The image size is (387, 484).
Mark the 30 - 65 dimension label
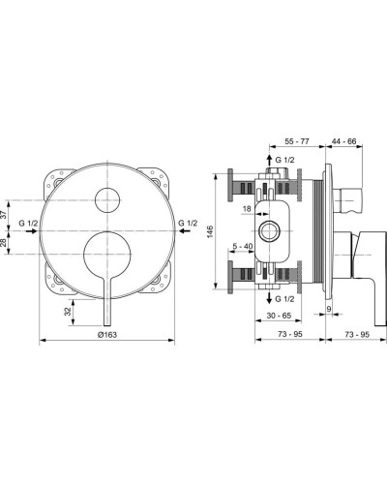(280, 317)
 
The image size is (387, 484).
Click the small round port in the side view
(268, 232)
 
